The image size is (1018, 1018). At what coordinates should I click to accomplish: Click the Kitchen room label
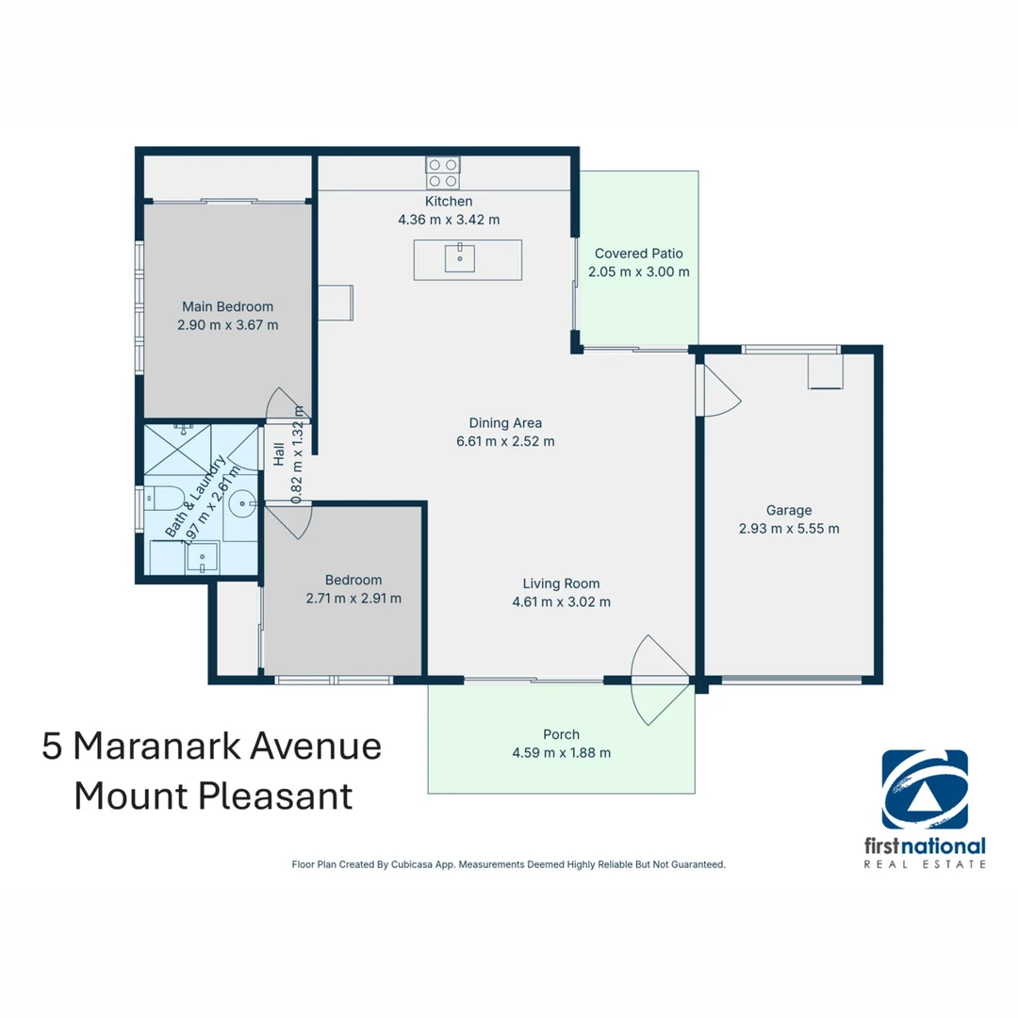449,202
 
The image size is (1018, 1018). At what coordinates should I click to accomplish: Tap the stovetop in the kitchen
443,173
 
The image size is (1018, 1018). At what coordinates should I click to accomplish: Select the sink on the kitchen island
460,258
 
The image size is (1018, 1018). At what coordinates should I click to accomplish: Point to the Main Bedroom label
227,306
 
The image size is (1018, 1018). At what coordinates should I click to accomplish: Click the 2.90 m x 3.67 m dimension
228,324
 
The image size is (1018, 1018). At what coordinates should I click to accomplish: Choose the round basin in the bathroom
243,503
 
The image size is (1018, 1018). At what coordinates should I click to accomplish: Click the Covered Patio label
639,254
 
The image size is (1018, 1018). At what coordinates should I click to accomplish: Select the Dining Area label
505,422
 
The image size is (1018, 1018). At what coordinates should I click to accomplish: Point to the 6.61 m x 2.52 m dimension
505,441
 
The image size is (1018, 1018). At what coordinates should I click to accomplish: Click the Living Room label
561,583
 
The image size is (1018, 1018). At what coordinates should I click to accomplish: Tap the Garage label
789,510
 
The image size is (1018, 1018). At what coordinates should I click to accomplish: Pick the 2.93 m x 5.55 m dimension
789,529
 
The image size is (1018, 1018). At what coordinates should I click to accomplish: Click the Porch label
561,734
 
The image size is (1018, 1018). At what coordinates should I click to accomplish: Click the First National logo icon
925,790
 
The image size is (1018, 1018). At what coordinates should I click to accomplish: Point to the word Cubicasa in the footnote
413,864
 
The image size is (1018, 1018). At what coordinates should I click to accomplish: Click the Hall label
279,454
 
